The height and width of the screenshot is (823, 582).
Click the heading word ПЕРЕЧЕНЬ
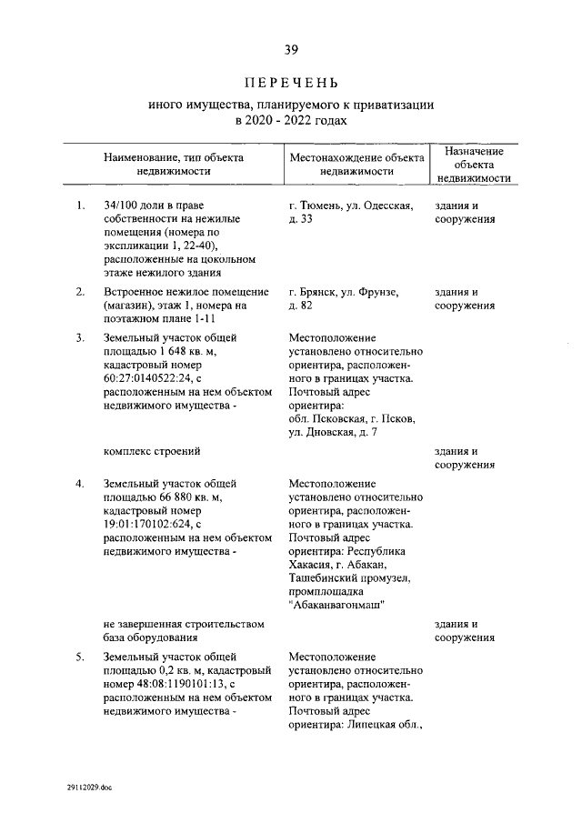pyautogui.click(x=291, y=84)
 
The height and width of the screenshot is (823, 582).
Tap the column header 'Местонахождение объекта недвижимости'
pyautogui.click(x=356, y=164)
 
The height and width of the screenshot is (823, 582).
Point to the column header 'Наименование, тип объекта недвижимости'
pyautogui.click(x=174, y=164)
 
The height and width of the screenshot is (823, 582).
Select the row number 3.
pyautogui.click(x=81, y=338)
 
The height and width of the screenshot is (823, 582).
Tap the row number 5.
pyautogui.click(x=81, y=656)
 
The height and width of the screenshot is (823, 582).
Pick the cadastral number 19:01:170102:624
pyautogui.click(x=150, y=524)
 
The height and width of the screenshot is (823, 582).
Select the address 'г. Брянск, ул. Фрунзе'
pyautogui.click(x=344, y=292)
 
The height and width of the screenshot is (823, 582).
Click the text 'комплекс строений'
pyautogui.click(x=152, y=450)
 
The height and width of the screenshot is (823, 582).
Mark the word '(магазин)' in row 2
pyautogui.click(x=130, y=306)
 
